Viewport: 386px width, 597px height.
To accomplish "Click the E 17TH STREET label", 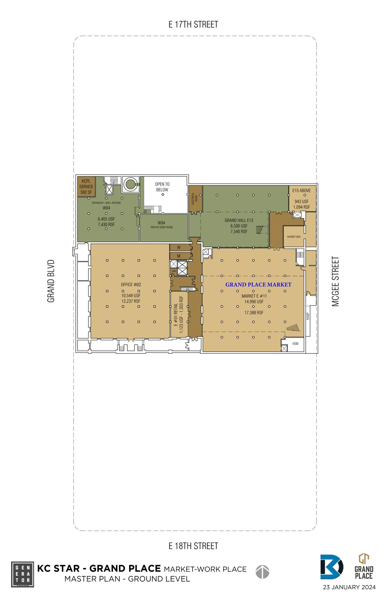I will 193,24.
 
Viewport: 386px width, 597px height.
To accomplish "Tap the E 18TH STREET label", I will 193,546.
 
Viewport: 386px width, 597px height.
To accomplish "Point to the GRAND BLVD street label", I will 51,281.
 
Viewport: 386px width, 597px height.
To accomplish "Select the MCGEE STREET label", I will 335,281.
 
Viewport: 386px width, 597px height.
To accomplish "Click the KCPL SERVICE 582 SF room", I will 86,187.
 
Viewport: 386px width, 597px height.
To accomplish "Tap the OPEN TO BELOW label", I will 162,187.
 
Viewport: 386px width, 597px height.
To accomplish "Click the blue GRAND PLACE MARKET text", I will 258,285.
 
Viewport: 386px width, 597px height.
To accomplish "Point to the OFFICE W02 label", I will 131,285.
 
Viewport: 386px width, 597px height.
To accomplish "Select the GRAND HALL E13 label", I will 239,220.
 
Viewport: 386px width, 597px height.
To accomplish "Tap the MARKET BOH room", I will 294,237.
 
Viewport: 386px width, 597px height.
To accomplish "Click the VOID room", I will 295,344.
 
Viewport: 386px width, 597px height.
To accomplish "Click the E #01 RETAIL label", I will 176,314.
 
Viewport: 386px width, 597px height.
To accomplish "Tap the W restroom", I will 179,247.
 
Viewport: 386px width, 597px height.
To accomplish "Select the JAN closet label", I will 174,271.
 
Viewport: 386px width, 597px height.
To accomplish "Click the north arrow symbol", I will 262,572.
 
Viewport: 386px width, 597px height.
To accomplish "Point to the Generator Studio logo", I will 22,574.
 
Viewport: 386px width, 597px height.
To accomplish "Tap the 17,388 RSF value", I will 254,312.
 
